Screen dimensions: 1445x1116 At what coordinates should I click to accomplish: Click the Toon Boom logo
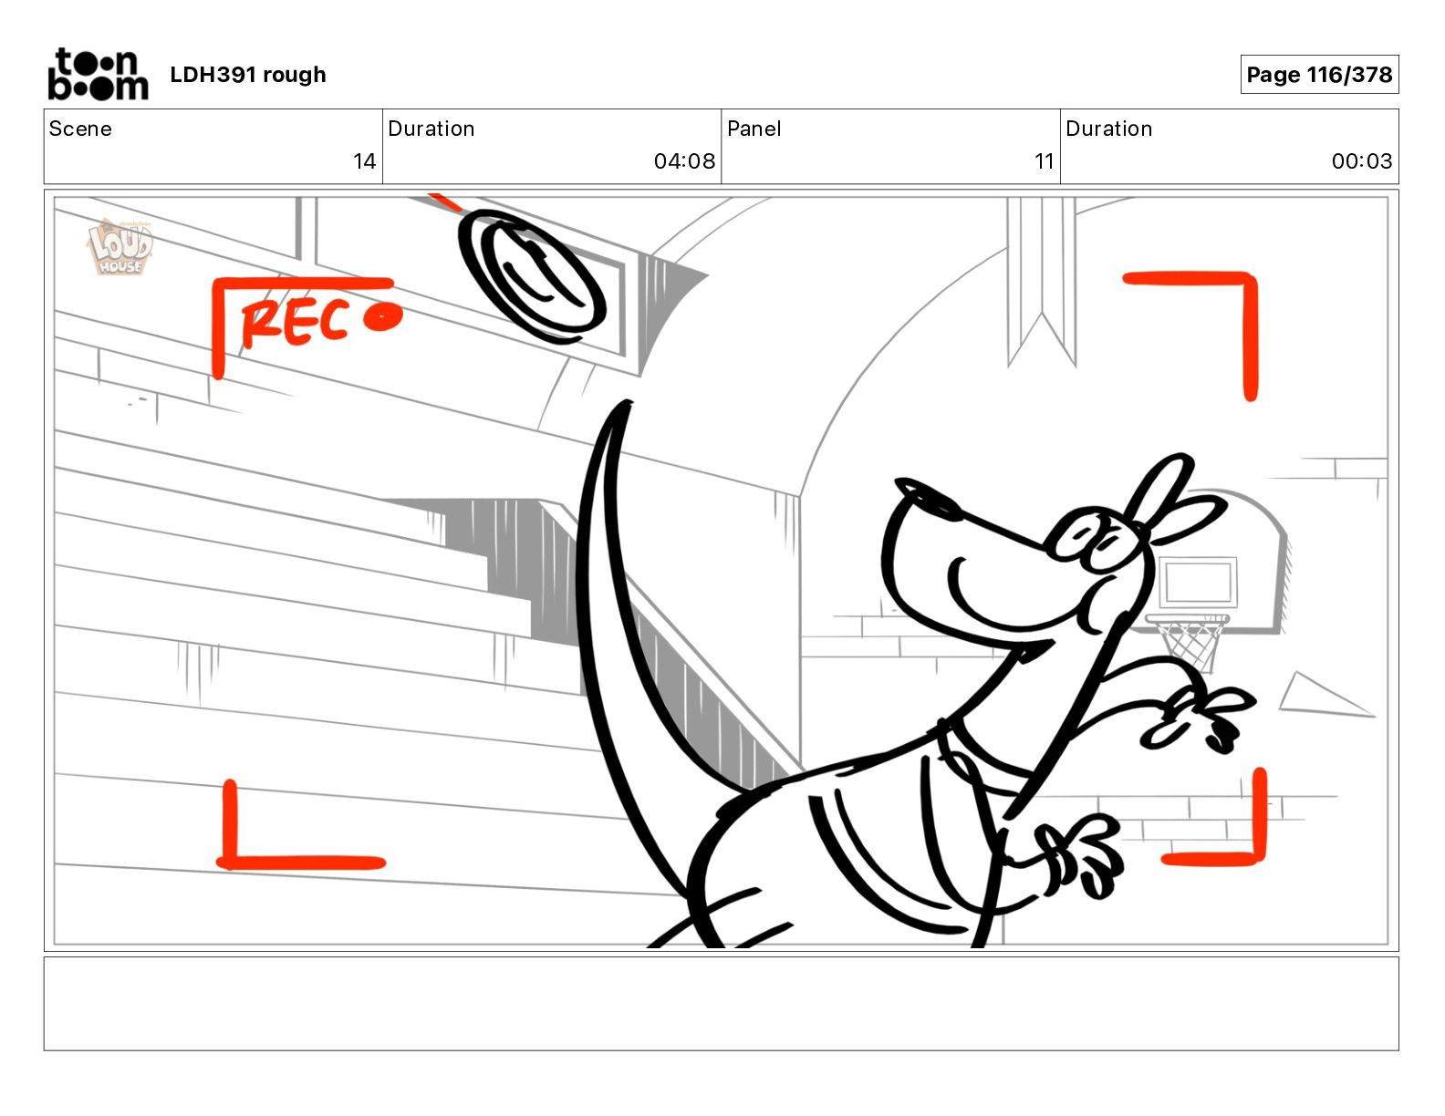click(x=98, y=74)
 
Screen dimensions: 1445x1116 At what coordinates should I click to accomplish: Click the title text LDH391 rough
click(x=247, y=75)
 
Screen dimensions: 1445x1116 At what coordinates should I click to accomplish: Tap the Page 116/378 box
click(x=1318, y=75)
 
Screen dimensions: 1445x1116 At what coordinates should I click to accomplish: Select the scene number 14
click(x=364, y=161)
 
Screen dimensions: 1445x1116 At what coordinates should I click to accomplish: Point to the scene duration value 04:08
click(x=684, y=161)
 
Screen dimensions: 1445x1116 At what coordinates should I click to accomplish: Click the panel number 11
click(x=1044, y=161)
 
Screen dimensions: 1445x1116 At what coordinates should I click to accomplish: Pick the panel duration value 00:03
click(x=1361, y=161)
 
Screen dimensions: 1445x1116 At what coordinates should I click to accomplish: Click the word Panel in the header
click(x=754, y=129)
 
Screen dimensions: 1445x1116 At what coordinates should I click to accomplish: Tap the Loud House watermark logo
click(x=120, y=247)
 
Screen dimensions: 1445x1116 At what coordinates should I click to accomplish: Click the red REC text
click(x=294, y=322)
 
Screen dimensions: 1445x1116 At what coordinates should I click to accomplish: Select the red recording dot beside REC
click(x=382, y=317)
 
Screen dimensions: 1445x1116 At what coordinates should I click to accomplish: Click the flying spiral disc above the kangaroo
click(x=533, y=274)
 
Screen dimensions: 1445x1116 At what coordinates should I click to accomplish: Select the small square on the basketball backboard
click(x=1198, y=582)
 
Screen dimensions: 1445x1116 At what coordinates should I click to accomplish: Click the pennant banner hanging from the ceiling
click(x=1041, y=283)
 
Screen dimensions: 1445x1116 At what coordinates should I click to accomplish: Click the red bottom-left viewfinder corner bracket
click(x=265, y=848)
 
